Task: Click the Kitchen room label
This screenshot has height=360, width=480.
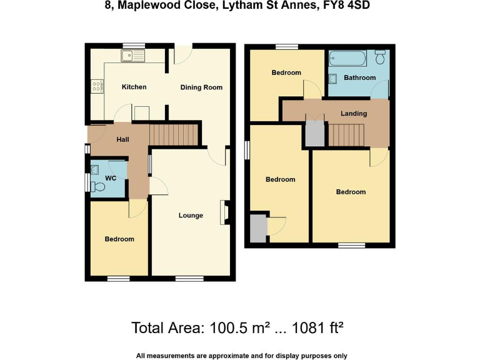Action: tap(134, 87)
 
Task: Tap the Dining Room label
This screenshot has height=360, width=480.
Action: tap(201, 87)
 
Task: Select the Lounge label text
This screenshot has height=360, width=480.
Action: tap(191, 216)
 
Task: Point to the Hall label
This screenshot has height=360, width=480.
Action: tap(123, 139)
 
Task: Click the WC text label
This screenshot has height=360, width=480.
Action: tap(111, 179)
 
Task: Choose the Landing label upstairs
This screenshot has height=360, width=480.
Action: tap(353, 114)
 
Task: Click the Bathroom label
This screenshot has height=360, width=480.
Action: tap(360, 78)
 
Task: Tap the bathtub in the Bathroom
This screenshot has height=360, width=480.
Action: tap(349, 60)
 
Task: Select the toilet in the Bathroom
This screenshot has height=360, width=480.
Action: tap(380, 57)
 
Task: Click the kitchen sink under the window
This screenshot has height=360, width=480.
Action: tap(133, 56)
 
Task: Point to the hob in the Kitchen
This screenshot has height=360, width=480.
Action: tap(97, 86)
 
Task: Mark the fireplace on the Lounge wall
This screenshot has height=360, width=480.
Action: tap(223, 211)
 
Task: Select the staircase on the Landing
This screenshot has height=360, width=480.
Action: tap(346, 134)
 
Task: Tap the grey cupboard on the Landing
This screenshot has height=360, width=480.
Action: tap(314, 133)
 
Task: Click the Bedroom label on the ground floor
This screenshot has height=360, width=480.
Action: tap(119, 239)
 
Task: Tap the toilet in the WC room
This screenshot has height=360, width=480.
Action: tap(97, 186)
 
